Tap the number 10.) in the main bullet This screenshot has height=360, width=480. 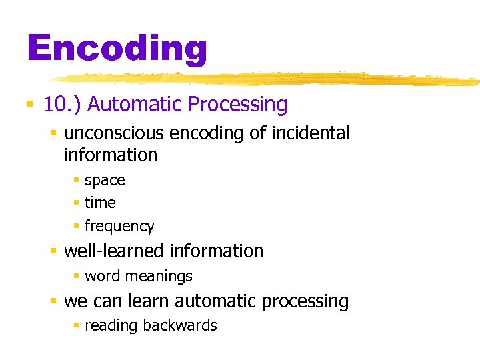click(x=62, y=105)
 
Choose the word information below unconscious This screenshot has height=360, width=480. click(x=111, y=155)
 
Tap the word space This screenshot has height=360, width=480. click(x=105, y=181)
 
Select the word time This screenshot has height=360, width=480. click(x=100, y=203)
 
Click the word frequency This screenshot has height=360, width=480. click(x=119, y=227)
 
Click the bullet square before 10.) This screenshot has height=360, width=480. click(x=29, y=105)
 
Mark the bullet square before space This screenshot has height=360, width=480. click(x=77, y=181)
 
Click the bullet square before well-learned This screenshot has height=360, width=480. click(x=53, y=251)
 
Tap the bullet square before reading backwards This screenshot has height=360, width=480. click(x=77, y=325)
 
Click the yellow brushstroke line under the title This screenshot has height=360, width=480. click(x=267, y=79)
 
